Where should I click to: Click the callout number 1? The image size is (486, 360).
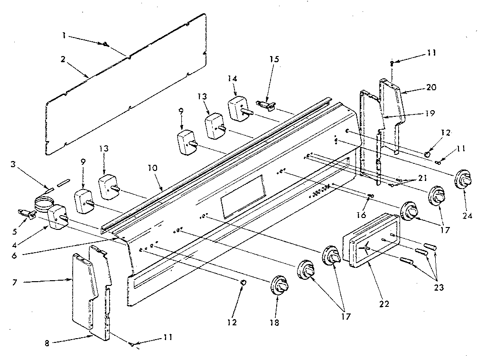pos(63,35)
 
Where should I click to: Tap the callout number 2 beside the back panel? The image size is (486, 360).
pos(63,60)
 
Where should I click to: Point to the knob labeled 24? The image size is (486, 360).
pos(463,180)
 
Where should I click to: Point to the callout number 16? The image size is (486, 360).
pos(361,215)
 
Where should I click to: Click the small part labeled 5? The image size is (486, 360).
pos(27,215)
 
